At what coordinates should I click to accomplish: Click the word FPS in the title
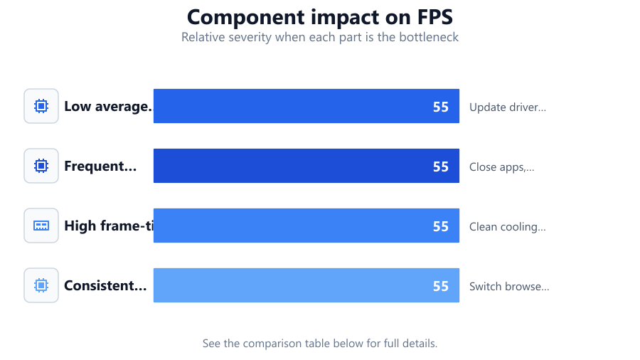tap(434, 17)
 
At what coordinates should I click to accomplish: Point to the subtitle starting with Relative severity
tap(320, 37)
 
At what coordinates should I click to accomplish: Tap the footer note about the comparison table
tap(320, 343)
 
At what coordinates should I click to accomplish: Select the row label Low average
tap(108, 106)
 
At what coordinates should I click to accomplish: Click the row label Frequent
tap(100, 166)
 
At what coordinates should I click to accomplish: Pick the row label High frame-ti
tap(109, 226)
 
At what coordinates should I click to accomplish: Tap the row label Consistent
tap(105, 285)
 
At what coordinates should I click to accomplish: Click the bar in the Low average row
tap(306, 106)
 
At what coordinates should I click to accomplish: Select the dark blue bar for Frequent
tap(306, 166)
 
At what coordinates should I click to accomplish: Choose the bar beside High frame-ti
tap(306, 226)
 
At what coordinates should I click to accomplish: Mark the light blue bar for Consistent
tap(306, 285)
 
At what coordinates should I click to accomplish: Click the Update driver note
tap(507, 107)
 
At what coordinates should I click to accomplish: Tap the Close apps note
tap(501, 167)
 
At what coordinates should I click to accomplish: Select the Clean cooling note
tap(507, 227)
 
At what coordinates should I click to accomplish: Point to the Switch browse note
tap(509, 287)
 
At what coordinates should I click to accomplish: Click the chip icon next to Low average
tap(41, 106)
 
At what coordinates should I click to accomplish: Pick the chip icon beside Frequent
tap(41, 166)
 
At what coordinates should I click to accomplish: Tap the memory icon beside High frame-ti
tap(41, 226)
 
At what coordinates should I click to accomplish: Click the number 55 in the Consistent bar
tap(440, 287)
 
